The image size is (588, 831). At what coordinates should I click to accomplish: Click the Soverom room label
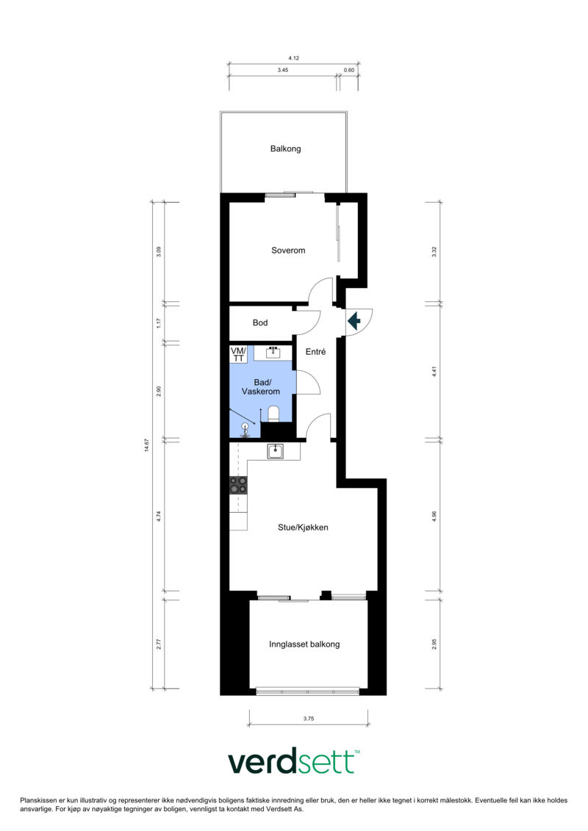(288, 250)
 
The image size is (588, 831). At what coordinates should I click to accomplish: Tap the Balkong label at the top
(285, 149)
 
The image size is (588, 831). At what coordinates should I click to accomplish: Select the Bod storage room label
(259, 323)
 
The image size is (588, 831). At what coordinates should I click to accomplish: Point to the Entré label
(315, 351)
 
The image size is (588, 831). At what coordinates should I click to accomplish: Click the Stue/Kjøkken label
(303, 528)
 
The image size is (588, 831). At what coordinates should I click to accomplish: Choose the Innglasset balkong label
(304, 644)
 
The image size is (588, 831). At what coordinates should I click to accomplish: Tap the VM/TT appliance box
(238, 355)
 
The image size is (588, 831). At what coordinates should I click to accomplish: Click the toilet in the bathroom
(273, 414)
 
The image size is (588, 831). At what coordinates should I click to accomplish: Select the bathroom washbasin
(273, 353)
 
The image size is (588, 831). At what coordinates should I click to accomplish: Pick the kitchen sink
(275, 451)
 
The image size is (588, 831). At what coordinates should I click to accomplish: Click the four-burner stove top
(238, 485)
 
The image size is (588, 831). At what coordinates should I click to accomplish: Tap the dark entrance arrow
(354, 320)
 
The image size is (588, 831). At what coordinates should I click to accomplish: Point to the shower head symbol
(245, 427)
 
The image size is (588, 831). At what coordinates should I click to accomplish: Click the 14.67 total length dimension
(147, 445)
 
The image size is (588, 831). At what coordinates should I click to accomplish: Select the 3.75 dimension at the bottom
(309, 719)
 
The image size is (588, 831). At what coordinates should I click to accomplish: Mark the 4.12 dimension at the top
(294, 58)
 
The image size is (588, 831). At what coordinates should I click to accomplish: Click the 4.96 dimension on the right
(434, 517)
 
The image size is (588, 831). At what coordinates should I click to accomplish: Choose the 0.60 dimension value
(349, 70)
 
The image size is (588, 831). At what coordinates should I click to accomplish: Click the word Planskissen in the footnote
(38, 801)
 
